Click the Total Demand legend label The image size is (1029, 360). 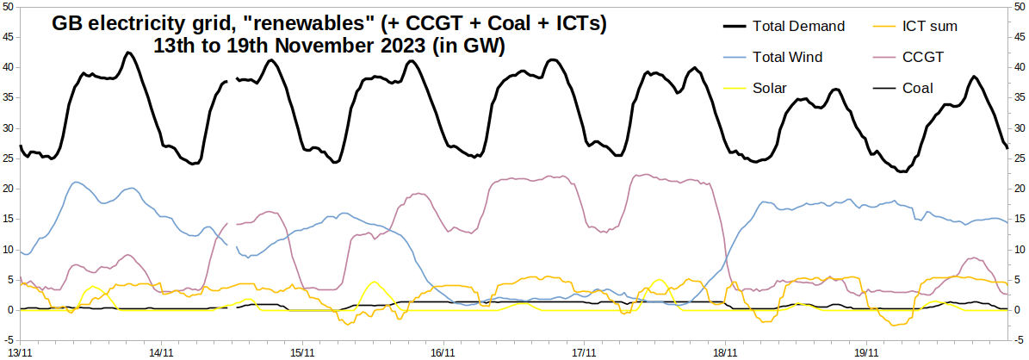[798, 27]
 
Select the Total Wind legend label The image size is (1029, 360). [787, 58]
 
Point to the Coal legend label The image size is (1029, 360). [918, 88]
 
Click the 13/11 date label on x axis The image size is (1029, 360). [21, 352]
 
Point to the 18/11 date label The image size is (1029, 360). [724, 352]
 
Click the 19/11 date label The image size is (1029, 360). [865, 352]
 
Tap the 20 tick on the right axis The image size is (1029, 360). [1019, 189]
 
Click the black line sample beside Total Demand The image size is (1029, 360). [724, 27]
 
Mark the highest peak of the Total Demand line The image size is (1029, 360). [128, 53]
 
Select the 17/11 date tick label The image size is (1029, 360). [584, 352]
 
